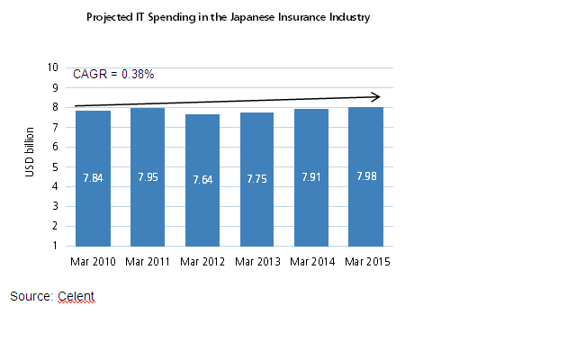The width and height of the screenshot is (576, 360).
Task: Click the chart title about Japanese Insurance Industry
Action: click(x=228, y=17)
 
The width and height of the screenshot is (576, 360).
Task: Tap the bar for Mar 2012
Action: click(x=202, y=180)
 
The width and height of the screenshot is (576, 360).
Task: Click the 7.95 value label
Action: click(x=148, y=176)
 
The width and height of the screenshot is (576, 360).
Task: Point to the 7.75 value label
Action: click(x=257, y=179)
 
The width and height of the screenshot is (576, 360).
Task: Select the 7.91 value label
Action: click(x=311, y=177)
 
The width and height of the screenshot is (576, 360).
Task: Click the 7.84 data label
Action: click(x=94, y=177)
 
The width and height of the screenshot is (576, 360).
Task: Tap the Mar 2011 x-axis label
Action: click(x=148, y=261)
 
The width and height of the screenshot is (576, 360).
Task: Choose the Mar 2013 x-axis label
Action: click(x=257, y=261)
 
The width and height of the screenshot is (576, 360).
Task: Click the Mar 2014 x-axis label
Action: click(x=311, y=261)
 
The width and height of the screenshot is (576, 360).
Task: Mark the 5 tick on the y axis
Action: click(x=55, y=166)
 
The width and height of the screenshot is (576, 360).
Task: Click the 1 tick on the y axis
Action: click(x=55, y=246)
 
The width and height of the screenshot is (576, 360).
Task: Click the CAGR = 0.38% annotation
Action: click(x=113, y=74)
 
